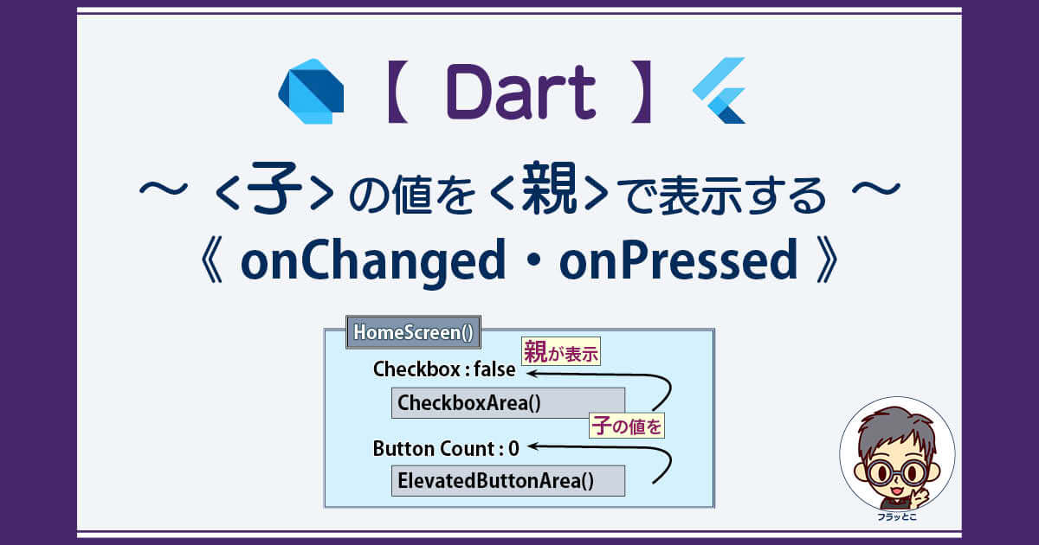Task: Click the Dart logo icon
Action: point(311,91)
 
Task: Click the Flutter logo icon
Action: point(719,90)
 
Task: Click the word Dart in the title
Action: point(521,93)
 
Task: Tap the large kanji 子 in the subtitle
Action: point(274,188)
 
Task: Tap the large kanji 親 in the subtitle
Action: point(549,188)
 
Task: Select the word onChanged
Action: point(373,260)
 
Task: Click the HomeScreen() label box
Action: point(413,332)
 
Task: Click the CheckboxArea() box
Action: point(508,403)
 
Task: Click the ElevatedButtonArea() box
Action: point(508,481)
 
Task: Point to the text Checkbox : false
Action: point(444,369)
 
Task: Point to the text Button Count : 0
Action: point(446,449)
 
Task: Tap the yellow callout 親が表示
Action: point(561,352)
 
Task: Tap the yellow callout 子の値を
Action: point(627,426)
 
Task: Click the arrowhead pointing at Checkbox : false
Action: point(532,373)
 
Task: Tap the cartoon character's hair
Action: point(895,431)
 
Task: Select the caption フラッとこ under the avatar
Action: point(897,516)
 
